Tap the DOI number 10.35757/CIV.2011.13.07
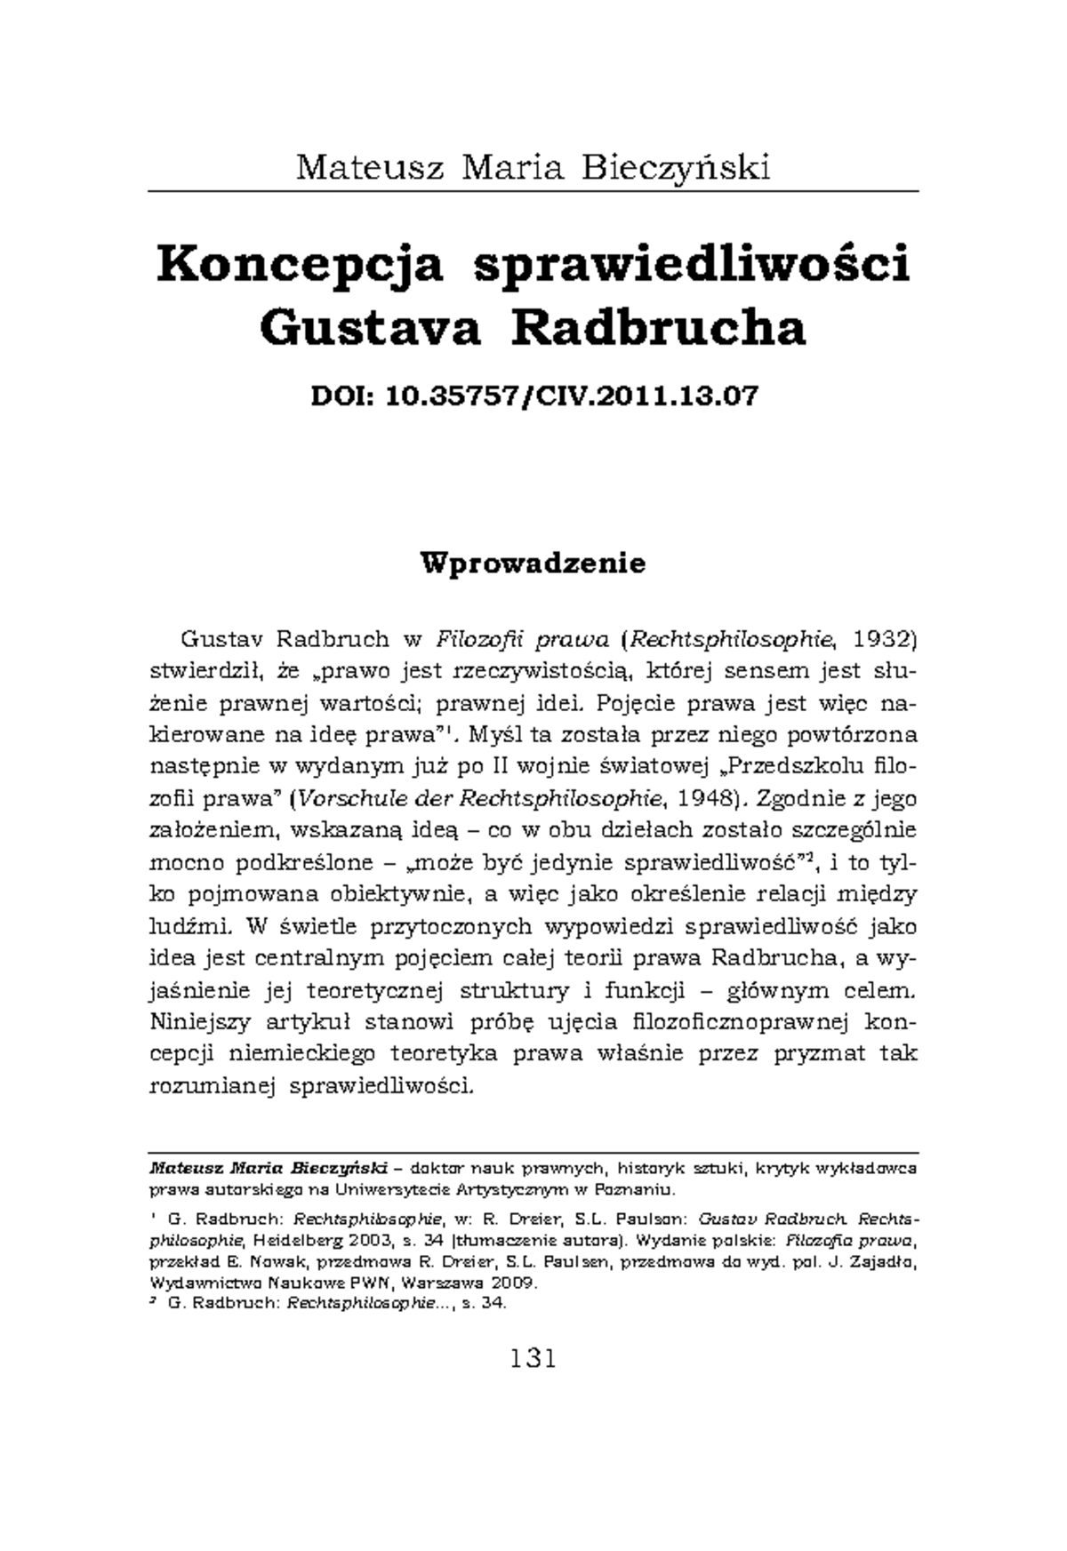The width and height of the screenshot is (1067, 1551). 573,396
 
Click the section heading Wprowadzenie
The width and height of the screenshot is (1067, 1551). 533,563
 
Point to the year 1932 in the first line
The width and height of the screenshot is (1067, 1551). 884,639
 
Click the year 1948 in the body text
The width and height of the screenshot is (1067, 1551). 704,798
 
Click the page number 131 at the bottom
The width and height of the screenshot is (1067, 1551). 533,1358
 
